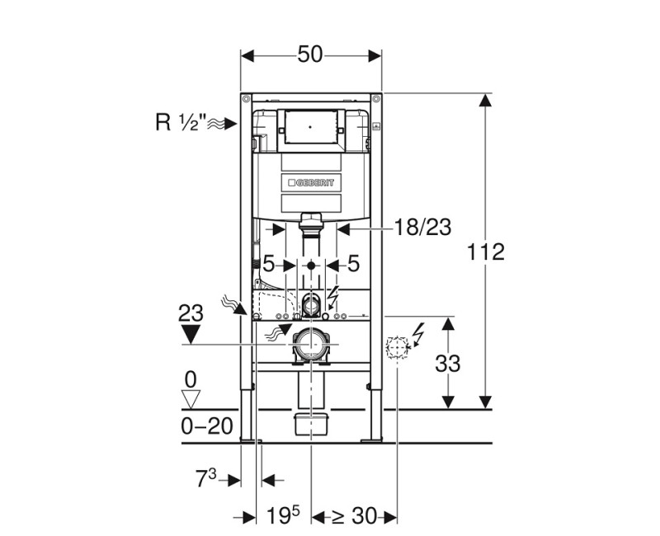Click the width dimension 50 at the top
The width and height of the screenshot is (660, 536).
(x=310, y=55)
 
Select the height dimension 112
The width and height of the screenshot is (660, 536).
(x=487, y=252)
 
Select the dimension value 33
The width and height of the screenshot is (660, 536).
(x=447, y=363)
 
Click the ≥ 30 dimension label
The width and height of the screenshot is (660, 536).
(x=354, y=517)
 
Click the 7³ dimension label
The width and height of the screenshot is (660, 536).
(x=207, y=479)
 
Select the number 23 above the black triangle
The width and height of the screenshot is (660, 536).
(x=191, y=314)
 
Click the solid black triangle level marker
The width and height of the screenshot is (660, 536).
(x=191, y=334)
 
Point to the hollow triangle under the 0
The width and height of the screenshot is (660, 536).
(x=191, y=400)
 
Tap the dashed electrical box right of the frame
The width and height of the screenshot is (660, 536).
(x=397, y=349)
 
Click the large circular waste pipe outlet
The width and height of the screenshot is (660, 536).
(x=311, y=343)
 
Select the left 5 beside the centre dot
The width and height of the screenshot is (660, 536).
(x=268, y=265)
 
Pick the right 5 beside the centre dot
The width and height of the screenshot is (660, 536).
(x=353, y=265)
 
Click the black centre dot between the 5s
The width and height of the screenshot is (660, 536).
(x=310, y=266)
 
